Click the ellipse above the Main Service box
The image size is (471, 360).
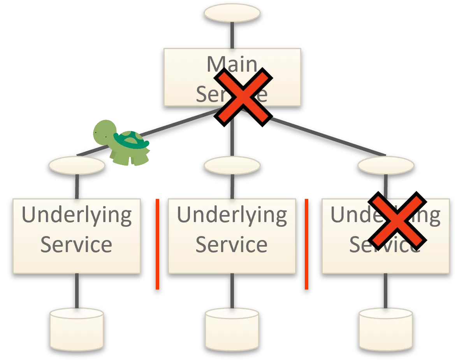[232, 13]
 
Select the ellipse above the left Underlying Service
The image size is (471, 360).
[77, 165]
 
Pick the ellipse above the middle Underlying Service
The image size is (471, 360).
[232, 165]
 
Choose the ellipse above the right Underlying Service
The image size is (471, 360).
[386, 165]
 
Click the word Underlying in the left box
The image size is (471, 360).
[77, 215]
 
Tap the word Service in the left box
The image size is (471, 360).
[77, 245]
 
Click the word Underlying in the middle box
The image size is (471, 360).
[232, 215]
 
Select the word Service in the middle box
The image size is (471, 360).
[232, 245]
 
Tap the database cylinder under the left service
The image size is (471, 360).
[77, 329]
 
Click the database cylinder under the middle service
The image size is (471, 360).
[232, 329]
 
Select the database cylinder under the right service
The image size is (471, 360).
[386, 329]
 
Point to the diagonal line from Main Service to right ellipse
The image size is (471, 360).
[327, 136]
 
